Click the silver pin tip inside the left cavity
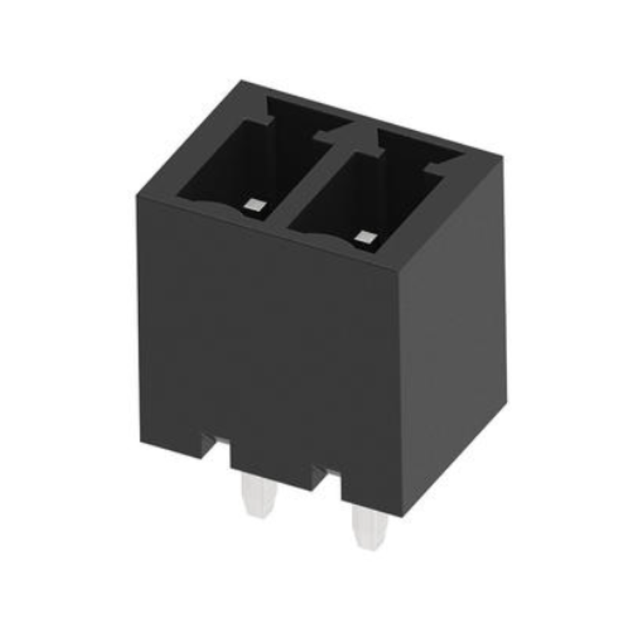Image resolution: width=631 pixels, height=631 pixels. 256,205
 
